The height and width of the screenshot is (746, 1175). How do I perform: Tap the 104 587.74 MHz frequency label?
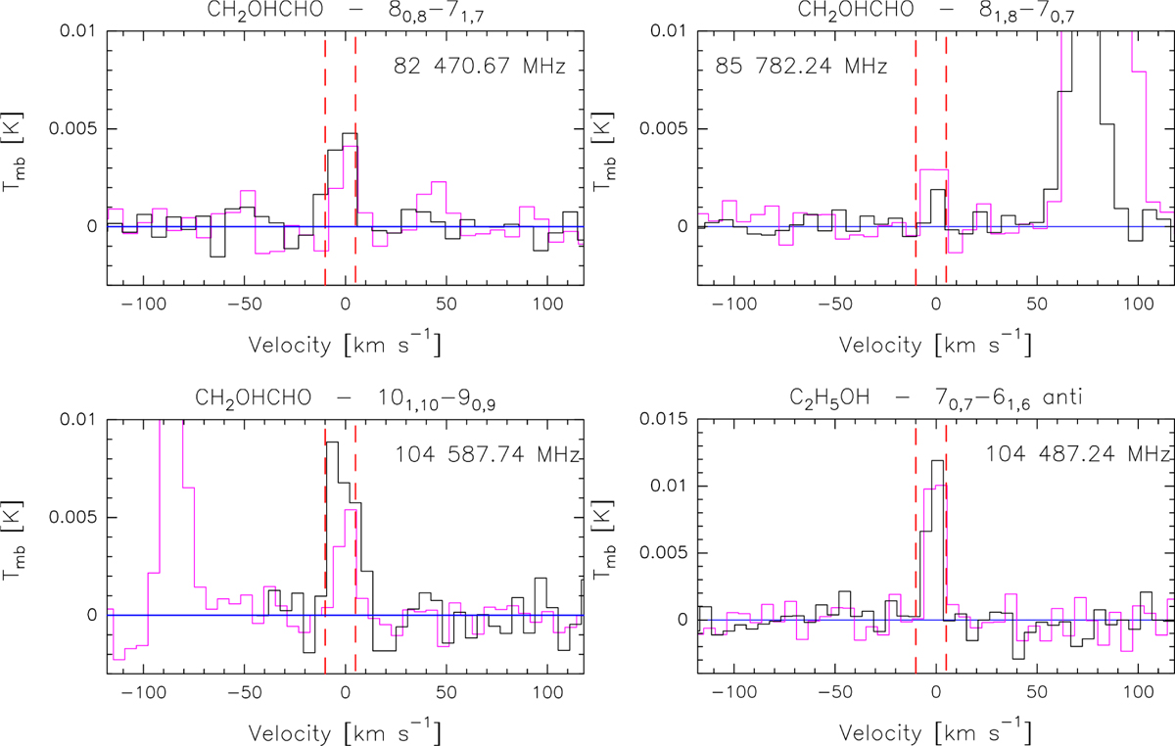pos(488,455)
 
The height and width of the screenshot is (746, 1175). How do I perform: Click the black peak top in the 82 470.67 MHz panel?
pos(350,134)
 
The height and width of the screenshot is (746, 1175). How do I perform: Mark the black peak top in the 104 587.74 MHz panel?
pos(332,443)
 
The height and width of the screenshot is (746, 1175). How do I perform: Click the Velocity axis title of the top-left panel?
pos(344,345)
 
